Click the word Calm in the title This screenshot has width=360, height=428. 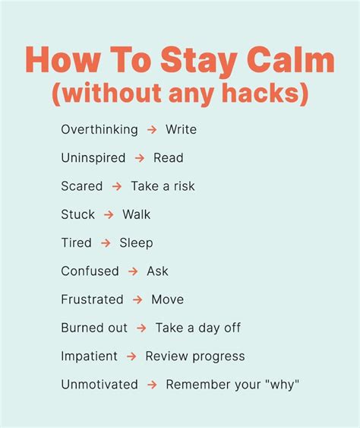[291, 59]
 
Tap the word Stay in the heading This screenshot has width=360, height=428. [199, 62]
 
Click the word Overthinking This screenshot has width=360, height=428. [99, 130]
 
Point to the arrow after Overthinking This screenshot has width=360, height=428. [152, 129]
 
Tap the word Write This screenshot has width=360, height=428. [181, 129]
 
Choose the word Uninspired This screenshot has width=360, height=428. [93, 158]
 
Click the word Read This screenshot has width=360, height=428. [169, 158]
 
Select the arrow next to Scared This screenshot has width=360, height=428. [117, 186]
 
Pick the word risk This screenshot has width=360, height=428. [185, 186]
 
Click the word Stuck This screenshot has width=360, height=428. [77, 214]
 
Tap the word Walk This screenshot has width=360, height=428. [136, 214]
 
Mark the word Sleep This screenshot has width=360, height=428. [136, 243]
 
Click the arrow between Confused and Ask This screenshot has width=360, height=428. [133, 271]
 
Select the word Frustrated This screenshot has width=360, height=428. [92, 300]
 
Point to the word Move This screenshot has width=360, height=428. [167, 300]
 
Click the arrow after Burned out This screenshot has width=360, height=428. [141, 328]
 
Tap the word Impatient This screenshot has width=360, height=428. [89, 357]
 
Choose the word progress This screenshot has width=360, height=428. [219, 357]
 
